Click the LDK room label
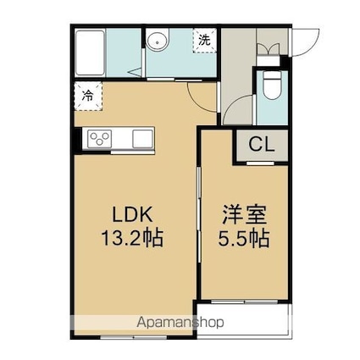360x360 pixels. point(132,214)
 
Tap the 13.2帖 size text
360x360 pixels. point(132,238)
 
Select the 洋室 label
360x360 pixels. point(245,214)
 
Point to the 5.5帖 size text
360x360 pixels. point(243,238)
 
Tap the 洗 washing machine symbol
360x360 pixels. point(205,40)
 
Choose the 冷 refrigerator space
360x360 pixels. point(88,96)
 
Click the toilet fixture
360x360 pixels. point(272,84)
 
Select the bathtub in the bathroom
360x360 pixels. point(90,53)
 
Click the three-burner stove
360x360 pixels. point(99,139)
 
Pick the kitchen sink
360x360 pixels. point(142,139)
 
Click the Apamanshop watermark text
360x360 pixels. point(180,322)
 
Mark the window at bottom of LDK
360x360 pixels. point(134,337)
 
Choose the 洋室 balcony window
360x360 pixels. point(245,302)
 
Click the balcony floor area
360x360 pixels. point(243,320)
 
